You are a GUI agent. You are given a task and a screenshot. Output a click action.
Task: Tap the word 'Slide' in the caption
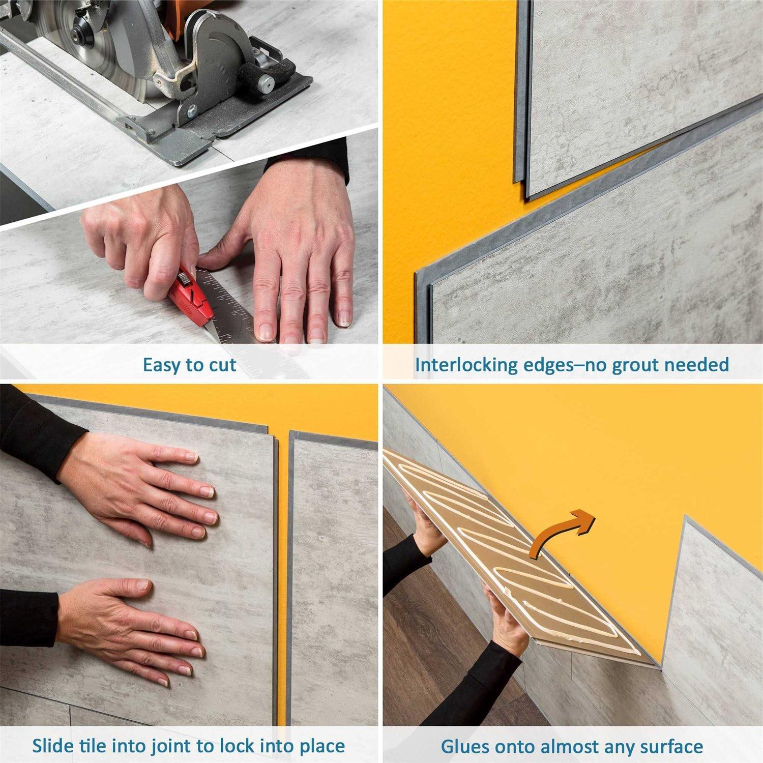pyautogui.click(x=54, y=746)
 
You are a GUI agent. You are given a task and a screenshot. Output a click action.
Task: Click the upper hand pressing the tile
pyautogui.click(x=148, y=488)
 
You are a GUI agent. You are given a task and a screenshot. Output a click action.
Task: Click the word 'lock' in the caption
pyautogui.click(x=237, y=746)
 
